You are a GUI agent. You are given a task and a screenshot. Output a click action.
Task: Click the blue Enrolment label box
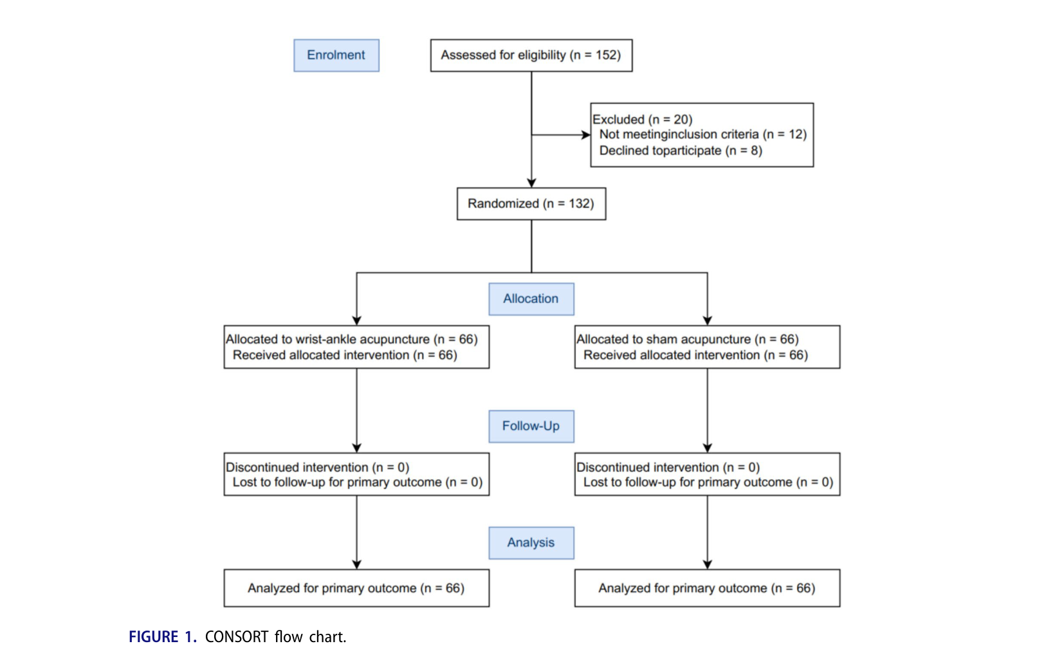[x=336, y=55]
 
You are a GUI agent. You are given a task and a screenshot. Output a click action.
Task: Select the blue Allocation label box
[x=531, y=299]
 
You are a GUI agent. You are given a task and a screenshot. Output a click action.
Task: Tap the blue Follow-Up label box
[x=531, y=427]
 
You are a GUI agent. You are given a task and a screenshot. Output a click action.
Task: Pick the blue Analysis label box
[x=531, y=543]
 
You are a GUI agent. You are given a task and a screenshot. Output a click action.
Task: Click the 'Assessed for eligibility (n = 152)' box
[x=531, y=55]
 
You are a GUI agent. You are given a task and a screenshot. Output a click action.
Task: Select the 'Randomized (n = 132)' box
[x=531, y=204]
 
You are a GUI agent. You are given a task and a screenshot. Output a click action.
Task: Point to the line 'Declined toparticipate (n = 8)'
[x=681, y=151]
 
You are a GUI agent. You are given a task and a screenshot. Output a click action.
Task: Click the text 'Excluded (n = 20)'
[x=642, y=119]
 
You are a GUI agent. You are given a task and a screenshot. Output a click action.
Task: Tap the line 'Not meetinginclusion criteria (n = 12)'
[x=703, y=134]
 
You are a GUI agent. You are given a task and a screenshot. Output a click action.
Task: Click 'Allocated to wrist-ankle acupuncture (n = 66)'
[x=351, y=339]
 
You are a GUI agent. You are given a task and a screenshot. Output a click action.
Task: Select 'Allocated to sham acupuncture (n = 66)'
[x=687, y=339]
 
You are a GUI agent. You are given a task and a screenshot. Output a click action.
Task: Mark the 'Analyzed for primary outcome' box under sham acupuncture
[x=707, y=588]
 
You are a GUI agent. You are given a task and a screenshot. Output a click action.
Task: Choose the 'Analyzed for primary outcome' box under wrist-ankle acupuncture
[x=357, y=588]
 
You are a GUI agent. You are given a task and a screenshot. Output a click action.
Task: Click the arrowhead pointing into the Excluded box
[x=586, y=135]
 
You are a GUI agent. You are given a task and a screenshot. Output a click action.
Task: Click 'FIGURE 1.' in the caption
[x=163, y=636]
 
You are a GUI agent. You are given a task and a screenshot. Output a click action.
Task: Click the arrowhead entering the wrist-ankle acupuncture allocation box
[x=357, y=321]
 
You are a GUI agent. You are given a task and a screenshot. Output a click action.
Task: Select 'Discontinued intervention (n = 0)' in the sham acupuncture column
[x=668, y=467]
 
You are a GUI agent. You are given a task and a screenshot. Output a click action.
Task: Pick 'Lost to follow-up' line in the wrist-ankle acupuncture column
[x=358, y=483]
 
